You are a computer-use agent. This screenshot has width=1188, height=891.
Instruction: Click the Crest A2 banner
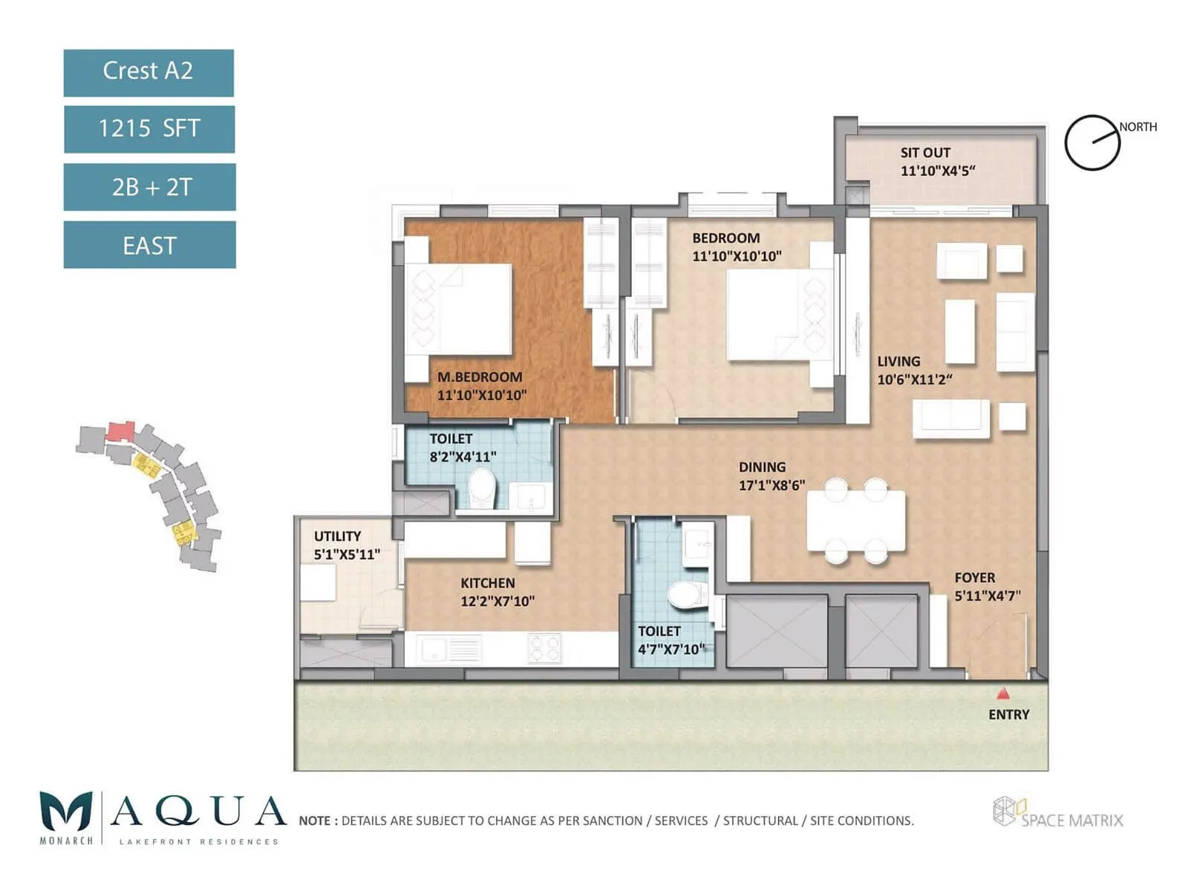point(148,72)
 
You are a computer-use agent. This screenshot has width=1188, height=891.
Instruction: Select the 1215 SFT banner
point(149,128)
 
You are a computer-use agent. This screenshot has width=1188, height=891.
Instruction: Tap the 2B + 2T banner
point(150,186)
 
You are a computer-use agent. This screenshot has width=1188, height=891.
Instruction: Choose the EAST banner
point(150,244)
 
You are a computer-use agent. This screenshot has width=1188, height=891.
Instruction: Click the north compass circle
point(1091,143)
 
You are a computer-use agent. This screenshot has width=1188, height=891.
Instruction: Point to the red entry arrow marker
point(1003,693)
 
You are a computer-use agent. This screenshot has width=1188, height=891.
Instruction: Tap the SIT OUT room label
point(925,153)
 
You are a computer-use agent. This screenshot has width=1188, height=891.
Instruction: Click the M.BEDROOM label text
point(480,377)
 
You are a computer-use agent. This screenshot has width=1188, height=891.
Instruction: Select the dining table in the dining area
point(856,520)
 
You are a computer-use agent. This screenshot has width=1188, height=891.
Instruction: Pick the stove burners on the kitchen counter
point(544,648)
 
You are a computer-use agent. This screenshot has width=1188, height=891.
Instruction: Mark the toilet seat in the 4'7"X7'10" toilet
point(688,594)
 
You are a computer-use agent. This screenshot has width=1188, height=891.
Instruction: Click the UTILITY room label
point(337,536)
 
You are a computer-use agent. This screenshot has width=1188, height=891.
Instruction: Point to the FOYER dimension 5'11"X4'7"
point(988,595)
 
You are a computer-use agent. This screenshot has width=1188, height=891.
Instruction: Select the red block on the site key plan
point(120,431)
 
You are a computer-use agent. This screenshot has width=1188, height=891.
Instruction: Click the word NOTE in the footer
point(315,820)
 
